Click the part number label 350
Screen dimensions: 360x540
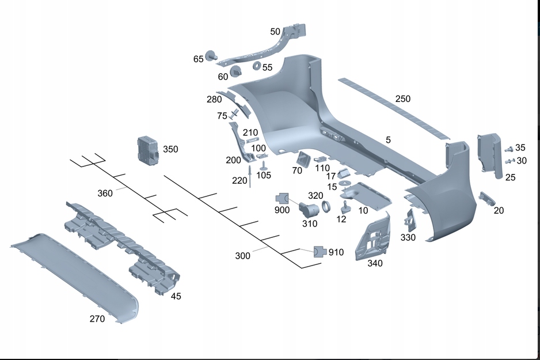170,149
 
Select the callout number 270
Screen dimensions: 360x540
97,319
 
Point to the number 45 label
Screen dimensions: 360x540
176,296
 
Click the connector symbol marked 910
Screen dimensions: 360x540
320,252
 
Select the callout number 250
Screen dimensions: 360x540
403,99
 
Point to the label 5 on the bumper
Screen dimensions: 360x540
388,140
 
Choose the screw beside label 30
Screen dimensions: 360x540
508,161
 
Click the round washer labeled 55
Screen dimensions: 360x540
256,66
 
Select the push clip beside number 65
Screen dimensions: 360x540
212,56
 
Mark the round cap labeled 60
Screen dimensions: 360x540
236,72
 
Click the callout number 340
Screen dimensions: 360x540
375,263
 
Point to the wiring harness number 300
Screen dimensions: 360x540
243,256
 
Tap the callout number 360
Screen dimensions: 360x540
105,194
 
